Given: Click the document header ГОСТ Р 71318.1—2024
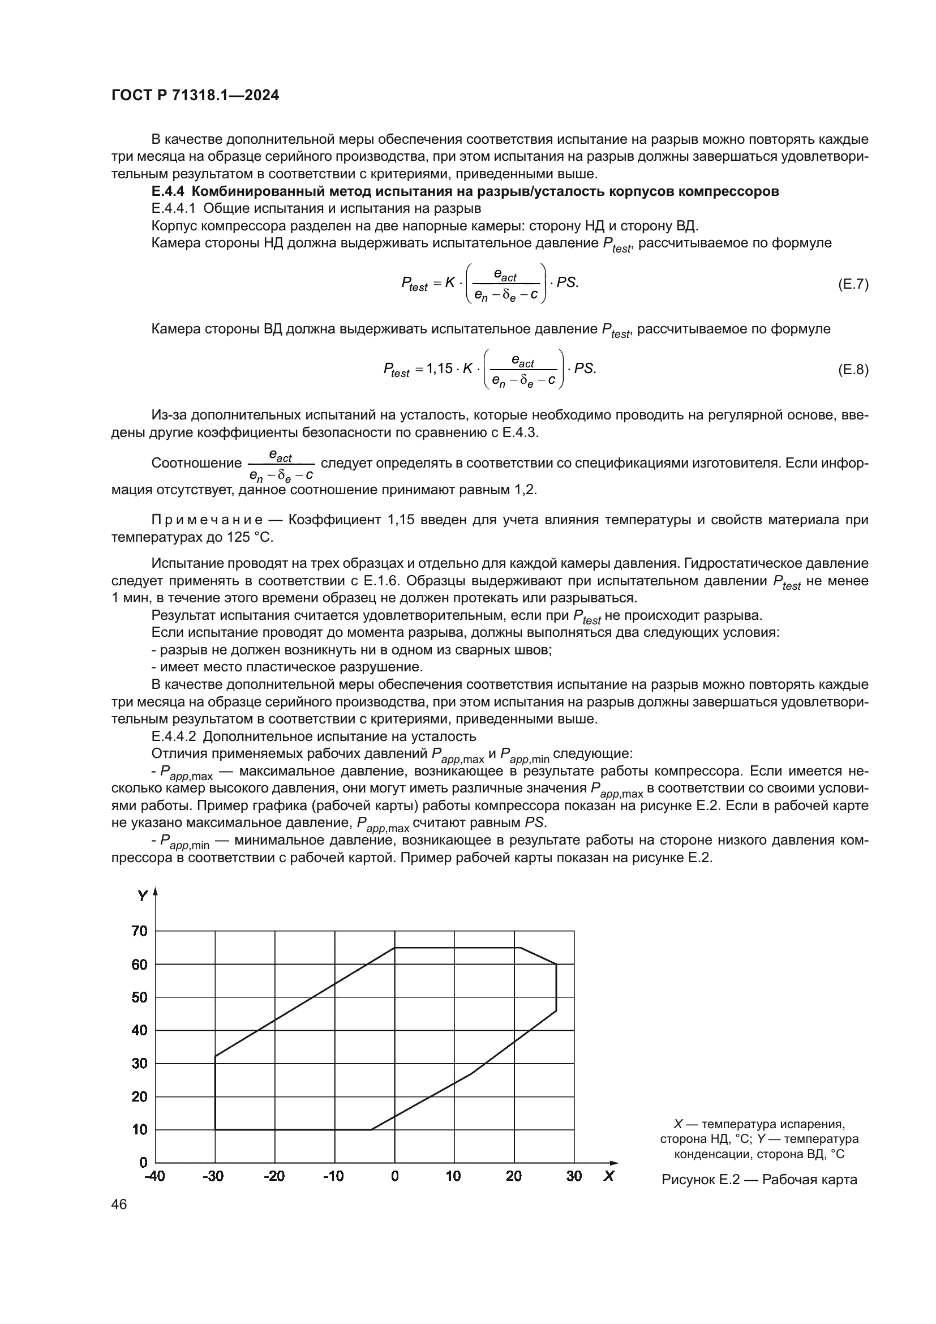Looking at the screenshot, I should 195,96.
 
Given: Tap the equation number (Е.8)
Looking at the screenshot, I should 852,370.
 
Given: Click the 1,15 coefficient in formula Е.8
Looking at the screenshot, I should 439,369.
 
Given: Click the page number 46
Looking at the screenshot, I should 119,1205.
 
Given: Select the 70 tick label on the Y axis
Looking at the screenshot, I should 139,931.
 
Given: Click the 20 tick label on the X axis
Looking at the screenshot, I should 513,1176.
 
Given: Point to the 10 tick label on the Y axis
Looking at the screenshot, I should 139,1129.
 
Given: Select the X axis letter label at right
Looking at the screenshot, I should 609,1176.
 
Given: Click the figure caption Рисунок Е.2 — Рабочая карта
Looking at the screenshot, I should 759,1179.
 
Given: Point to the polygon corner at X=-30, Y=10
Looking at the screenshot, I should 216,1129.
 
